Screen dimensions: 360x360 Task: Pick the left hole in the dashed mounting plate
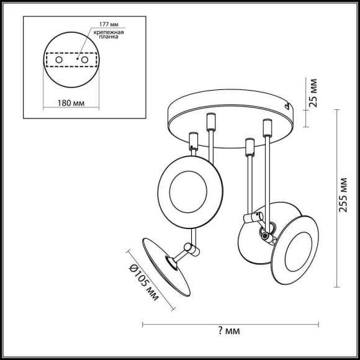[58, 60]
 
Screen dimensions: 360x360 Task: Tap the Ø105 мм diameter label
[143, 277]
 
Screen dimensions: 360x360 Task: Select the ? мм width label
[230, 331]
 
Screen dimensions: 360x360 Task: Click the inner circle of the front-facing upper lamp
[184, 186]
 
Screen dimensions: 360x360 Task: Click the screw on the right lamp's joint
[268, 234]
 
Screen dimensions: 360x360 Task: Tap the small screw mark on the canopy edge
[287, 107]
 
